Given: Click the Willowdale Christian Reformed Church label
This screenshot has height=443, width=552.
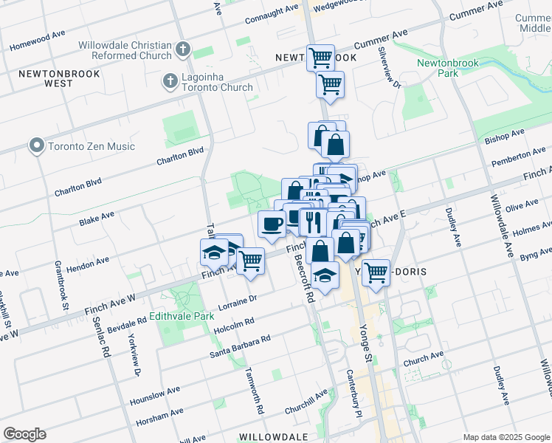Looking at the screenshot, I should coord(125,51).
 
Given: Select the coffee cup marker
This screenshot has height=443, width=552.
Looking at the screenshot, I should coord(272,223).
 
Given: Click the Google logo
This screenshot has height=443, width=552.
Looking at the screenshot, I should coord(24,434).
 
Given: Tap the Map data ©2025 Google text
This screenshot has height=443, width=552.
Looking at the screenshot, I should coord(506,436).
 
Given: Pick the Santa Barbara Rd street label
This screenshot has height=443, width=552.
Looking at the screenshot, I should coord(240,346).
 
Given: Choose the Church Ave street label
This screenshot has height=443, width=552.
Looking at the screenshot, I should coord(424,358).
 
